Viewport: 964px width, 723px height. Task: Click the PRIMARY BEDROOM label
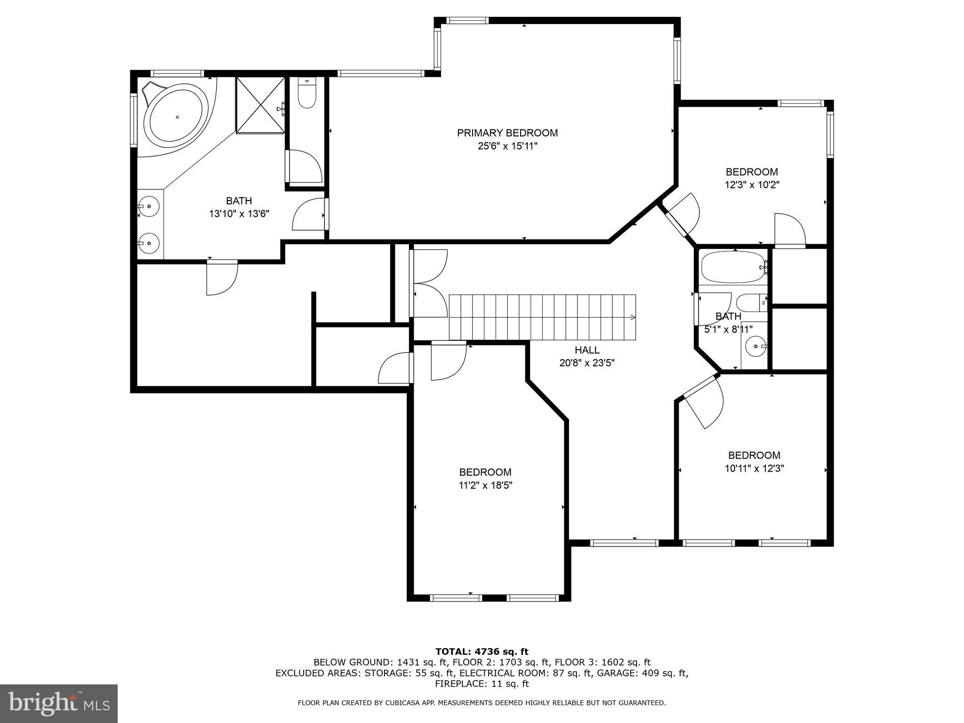point(507,133)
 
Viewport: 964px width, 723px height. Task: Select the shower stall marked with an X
point(260,105)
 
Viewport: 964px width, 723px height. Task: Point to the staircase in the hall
point(542,317)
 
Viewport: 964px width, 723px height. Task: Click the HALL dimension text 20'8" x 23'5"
point(587,363)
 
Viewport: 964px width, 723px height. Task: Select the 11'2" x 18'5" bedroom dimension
point(485,485)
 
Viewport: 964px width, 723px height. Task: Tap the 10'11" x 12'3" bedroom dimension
point(754,468)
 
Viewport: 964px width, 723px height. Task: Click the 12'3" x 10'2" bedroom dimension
point(752,185)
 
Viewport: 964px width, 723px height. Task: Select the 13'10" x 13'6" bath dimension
point(239,214)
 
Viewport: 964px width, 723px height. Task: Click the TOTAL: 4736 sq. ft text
point(482,651)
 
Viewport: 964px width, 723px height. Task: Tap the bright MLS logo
point(59,703)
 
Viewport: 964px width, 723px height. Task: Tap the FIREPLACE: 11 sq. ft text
point(482,684)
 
